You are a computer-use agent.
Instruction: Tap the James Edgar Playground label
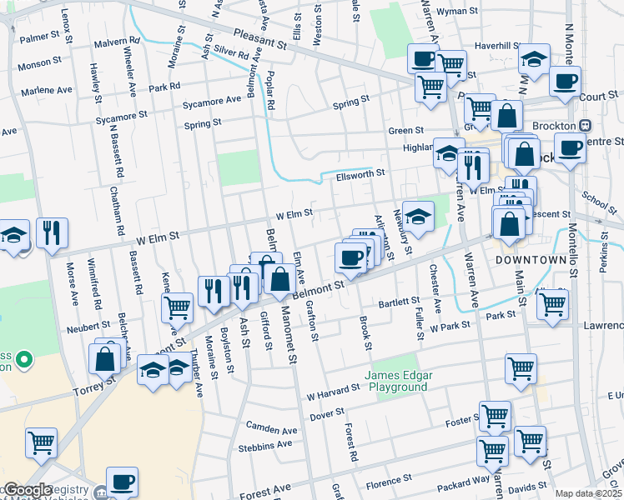point(396,381)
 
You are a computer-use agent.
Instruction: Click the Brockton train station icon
point(585,125)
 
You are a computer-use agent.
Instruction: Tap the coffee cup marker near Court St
point(565,83)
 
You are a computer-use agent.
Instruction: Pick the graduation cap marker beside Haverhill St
point(534,61)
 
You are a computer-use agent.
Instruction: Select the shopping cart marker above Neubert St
point(177,307)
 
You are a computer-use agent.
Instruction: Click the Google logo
point(27,490)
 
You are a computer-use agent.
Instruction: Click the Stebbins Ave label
point(269,444)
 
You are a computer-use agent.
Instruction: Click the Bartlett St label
point(397,302)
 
